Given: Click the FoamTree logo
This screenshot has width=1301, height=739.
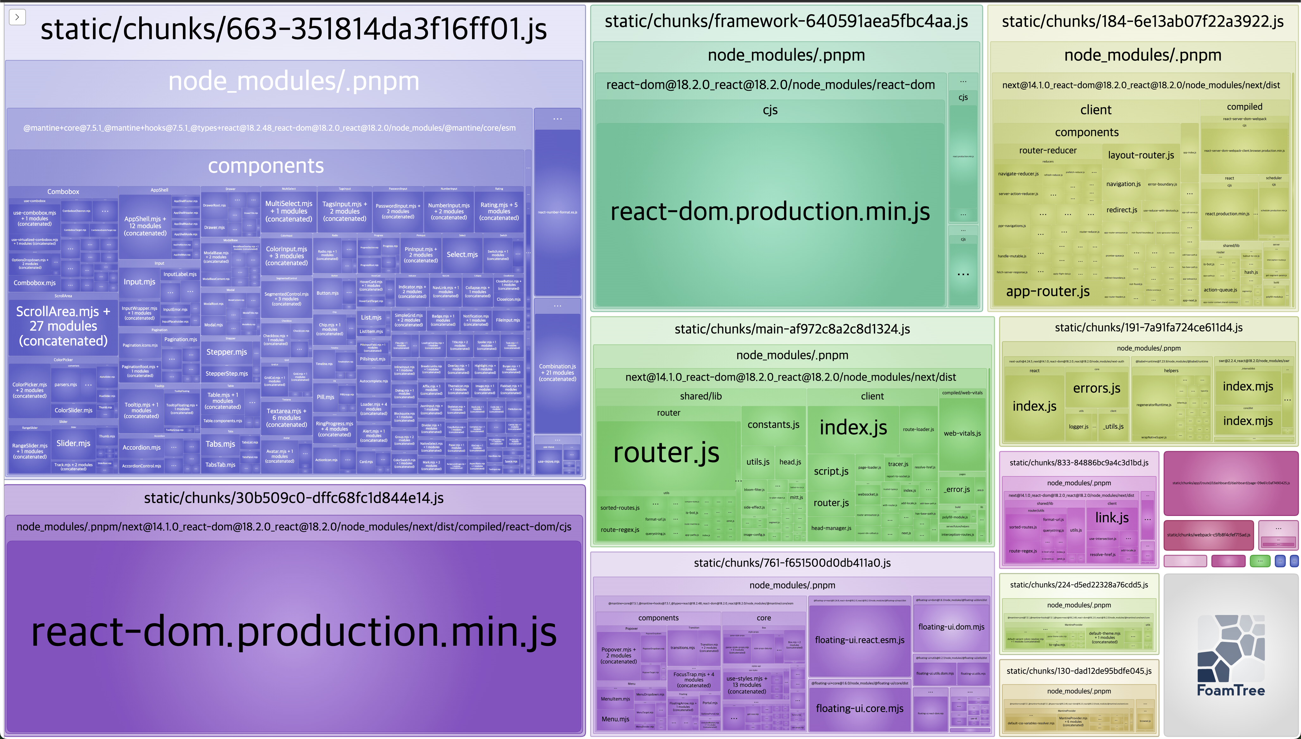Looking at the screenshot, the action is point(1230,655).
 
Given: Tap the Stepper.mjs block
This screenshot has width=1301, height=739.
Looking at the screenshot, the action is point(227,352).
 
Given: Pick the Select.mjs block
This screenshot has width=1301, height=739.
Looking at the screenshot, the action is point(462,254).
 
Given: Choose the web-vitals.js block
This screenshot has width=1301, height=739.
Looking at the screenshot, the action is point(962,433).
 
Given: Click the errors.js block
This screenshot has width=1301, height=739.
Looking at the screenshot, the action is point(1096,388).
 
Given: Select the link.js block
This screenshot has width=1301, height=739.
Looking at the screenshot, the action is point(1112,518).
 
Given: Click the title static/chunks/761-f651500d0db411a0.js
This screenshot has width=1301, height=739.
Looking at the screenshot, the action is point(792,563).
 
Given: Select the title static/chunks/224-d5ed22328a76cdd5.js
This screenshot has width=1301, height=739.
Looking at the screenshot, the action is point(1079,585).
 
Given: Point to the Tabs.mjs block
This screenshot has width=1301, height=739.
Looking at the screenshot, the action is point(220,444).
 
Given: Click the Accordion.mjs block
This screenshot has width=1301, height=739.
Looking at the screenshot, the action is point(142,447).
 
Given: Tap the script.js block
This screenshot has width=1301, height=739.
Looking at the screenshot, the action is point(831,471).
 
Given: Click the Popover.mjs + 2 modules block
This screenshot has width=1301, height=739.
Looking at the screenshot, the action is point(618,655).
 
